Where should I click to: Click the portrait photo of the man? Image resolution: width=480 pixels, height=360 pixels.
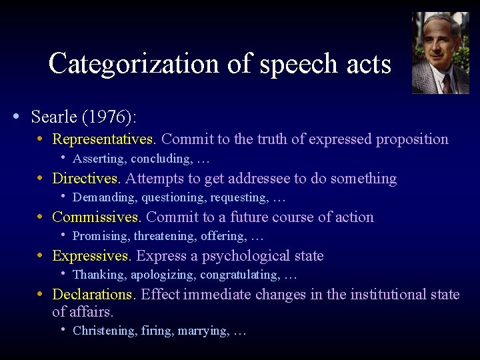[x=440, y=53]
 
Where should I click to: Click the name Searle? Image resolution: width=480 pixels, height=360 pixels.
[x=54, y=117]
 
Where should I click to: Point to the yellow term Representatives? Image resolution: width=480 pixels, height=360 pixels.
[x=103, y=139]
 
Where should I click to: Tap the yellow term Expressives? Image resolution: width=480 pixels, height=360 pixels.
[x=91, y=256]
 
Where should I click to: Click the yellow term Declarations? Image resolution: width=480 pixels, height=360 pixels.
[x=93, y=295]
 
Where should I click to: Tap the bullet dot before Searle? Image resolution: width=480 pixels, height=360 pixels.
[x=16, y=117]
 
